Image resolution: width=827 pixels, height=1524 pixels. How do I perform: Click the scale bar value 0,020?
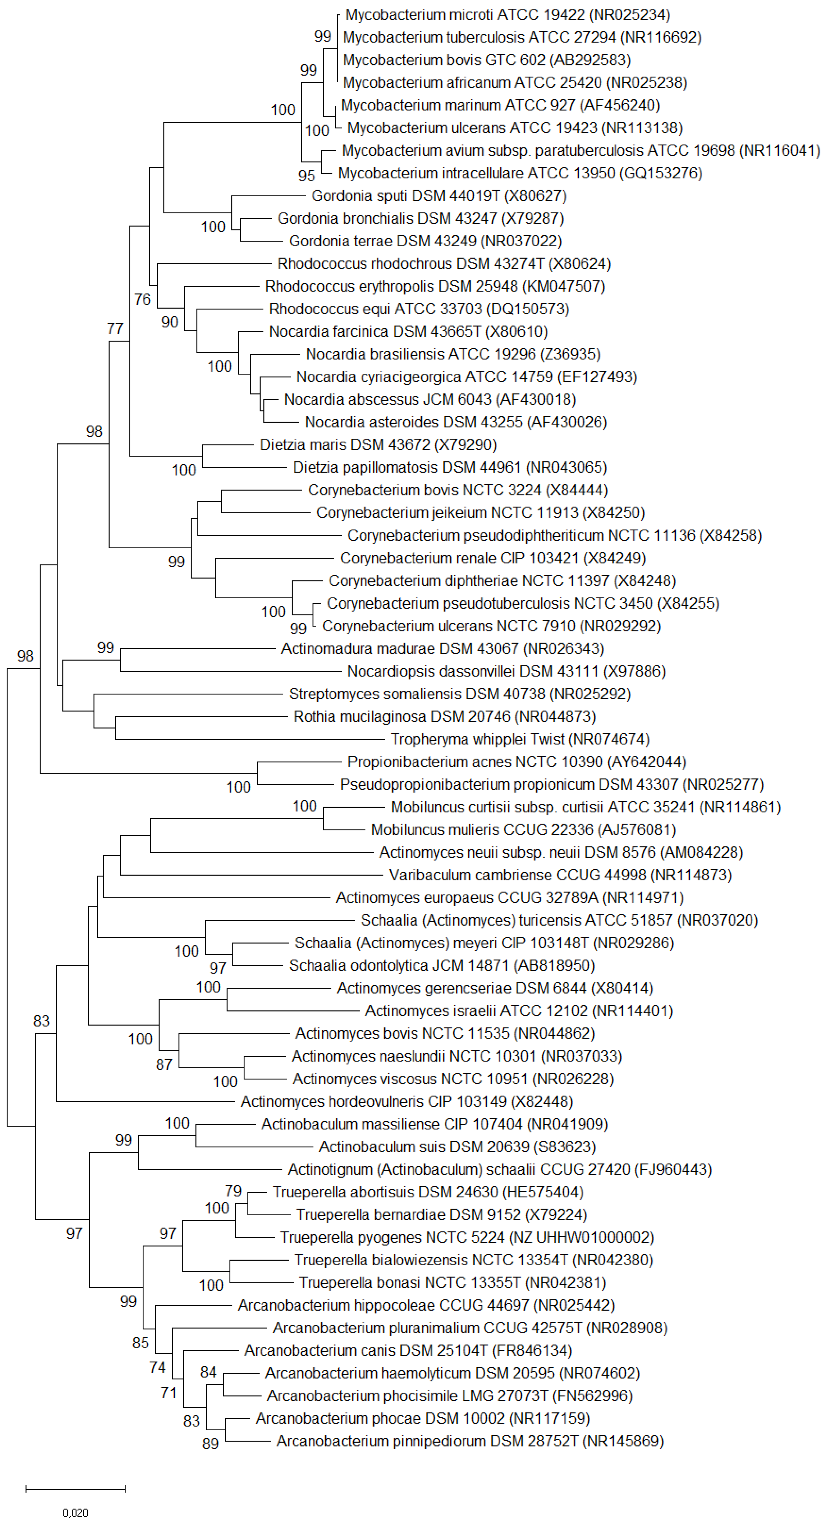[75, 1513]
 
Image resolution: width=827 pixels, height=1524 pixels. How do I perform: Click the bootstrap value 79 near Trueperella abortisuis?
[233, 1191]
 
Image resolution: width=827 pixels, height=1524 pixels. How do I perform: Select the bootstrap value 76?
[142, 299]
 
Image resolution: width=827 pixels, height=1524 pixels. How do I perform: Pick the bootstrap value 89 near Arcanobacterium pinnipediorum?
[210, 1444]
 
